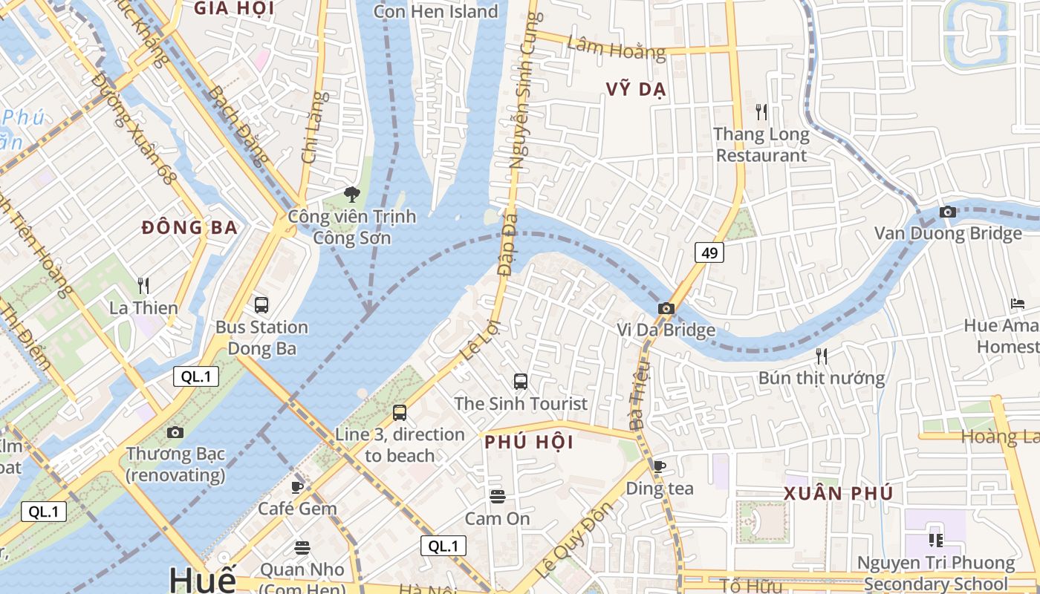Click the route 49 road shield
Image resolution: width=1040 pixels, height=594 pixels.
pyautogui.click(x=709, y=253)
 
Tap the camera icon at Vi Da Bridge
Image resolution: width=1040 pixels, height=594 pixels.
pyautogui.click(x=666, y=308)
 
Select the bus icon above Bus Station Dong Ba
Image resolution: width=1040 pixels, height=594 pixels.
pyautogui.click(x=261, y=304)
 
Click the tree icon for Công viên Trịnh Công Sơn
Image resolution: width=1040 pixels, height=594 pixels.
pyautogui.click(x=351, y=195)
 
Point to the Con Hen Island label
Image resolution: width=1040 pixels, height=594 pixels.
pyautogui.click(x=435, y=11)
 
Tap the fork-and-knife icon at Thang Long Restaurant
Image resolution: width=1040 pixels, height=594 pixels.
pyautogui.click(x=761, y=112)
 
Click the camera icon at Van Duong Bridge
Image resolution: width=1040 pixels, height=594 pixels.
pyautogui.click(x=947, y=212)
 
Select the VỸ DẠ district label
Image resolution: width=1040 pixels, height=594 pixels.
pyautogui.click(x=636, y=90)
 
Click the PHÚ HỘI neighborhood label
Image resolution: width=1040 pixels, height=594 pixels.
pyautogui.click(x=529, y=443)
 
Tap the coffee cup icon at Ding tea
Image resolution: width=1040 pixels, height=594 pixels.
pyautogui.click(x=659, y=466)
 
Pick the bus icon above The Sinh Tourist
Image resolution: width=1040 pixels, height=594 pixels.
pyautogui.click(x=521, y=382)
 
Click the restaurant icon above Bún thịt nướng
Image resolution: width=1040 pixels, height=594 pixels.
pyautogui.click(x=821, y=356)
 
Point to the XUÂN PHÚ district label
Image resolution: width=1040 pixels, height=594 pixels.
pyautogui.click(x=839, y=494)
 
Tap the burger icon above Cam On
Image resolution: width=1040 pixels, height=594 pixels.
pyautogui.click(x=498, y=496)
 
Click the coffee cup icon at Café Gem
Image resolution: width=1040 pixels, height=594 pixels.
pyautogui.click(x=297, y=487)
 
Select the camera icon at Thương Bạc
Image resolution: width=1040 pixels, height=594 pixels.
pyautogui.click(x=175, y=431)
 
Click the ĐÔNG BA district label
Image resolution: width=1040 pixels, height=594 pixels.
pyautogui.click(x=189, y=228)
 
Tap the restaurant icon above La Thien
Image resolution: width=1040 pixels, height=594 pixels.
pyautogui.click(x=143, y=285)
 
